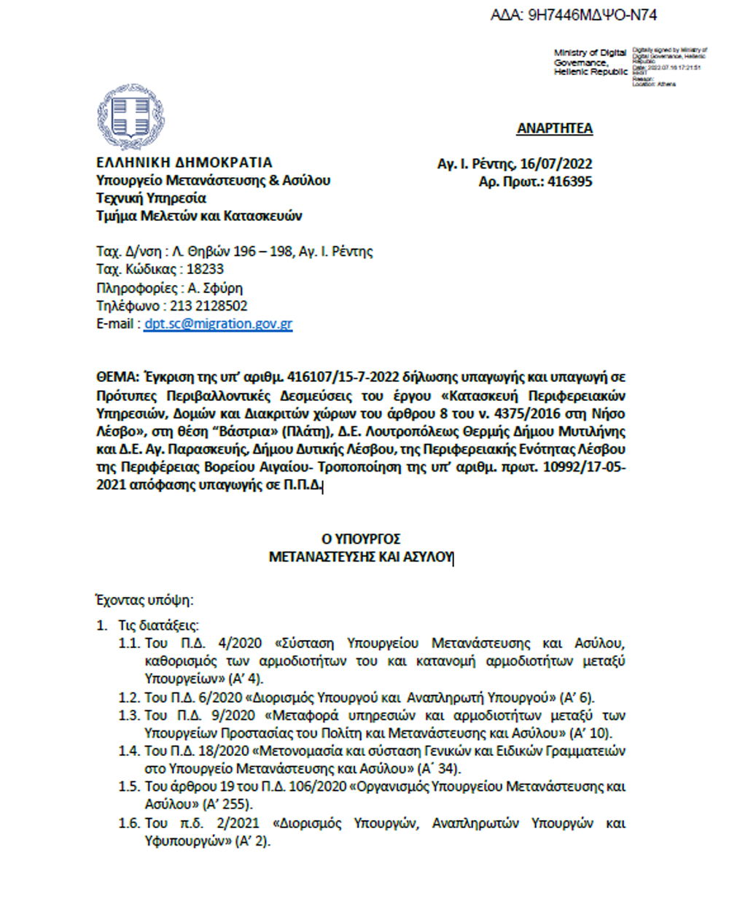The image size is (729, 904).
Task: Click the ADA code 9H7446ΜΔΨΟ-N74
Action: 574,15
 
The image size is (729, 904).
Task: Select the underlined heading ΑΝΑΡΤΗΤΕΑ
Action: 555,129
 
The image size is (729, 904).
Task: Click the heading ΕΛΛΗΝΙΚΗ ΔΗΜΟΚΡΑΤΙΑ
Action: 184,163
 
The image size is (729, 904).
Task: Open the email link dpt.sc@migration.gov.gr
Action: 218,324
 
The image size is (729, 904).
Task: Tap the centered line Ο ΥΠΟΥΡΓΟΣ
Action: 361,539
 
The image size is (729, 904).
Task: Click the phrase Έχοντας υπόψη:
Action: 144,601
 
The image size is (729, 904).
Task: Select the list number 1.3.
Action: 128,715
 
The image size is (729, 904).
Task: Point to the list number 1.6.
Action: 128,823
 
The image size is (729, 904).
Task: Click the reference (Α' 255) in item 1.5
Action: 227,805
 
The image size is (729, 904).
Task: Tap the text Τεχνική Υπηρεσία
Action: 151,198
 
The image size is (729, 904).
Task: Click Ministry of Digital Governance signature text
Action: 590,63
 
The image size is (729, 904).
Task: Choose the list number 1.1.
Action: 128,644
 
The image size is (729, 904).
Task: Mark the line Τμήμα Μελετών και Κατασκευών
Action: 199,216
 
